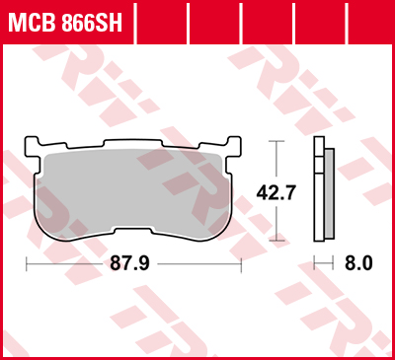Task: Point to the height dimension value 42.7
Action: click(x=276, y=193)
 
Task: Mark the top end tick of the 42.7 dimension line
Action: click(x=276, y=141)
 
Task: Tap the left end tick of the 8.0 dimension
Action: click(x=315, y=263)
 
